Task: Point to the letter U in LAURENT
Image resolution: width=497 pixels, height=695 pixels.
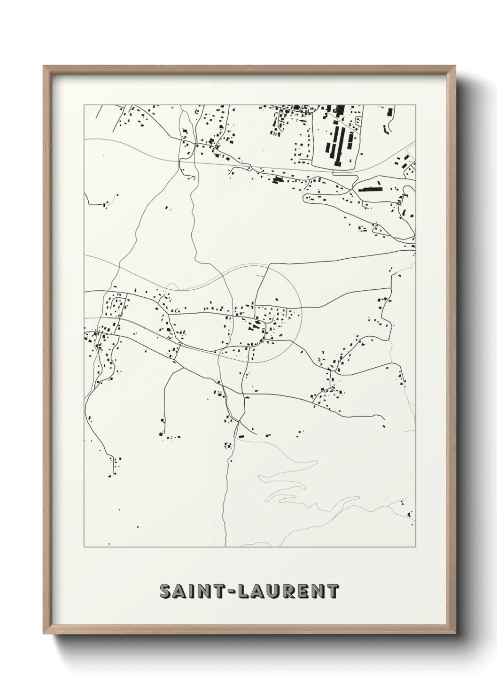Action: click(275, 591)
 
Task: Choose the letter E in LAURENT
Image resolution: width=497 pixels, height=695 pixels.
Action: click(303, 591)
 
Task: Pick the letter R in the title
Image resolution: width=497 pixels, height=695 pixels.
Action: click(289, 591)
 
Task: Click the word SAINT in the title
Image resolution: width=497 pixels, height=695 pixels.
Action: click(193, 591)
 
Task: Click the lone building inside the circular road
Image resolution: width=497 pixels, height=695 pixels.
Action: click(277, 299)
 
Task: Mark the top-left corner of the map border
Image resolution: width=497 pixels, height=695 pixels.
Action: click(85, 105)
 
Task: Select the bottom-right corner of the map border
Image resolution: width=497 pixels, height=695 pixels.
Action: click(415, 547)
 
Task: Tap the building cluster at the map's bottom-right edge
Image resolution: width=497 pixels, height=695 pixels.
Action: click(409, 510)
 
